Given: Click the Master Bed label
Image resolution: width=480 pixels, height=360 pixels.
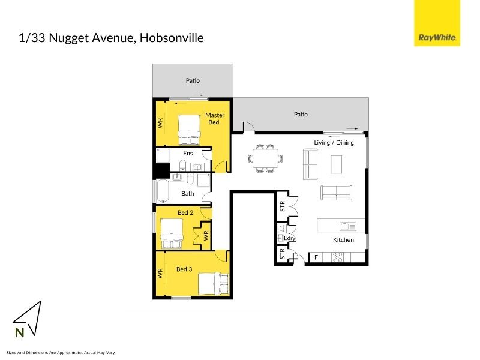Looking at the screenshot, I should (x=214, y=118).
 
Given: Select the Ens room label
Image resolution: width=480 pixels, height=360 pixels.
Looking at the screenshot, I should (x=188, y=154).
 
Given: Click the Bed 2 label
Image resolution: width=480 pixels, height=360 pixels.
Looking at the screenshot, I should (x=185, y=212).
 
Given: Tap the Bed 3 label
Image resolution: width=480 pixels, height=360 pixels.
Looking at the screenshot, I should (x=184, y=269).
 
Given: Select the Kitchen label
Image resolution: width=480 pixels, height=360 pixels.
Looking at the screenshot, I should (x=343, y=239).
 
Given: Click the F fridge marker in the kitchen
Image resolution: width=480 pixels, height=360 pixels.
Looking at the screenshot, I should (x=316, y=257).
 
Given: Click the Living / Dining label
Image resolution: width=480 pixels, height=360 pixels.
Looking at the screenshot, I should (x=334, y=143).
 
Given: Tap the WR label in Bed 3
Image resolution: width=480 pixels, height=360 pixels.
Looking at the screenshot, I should (x=161, y=274).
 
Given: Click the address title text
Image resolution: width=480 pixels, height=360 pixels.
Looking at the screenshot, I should (x=112, y=38).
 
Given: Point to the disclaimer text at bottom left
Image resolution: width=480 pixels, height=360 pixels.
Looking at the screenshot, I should (x=60, y=352).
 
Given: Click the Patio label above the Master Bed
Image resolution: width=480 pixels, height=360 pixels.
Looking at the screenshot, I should (x=193, y=80).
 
